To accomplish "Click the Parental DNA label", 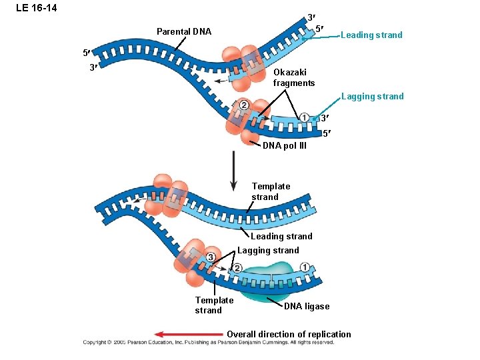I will [x=183, y=31].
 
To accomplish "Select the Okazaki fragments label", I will [x=294, y=77].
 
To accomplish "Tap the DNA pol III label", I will [x=285, y=146].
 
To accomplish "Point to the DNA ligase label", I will [x=307, y=306].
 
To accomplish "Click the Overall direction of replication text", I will [x=289, y=334].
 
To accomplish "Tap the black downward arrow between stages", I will [x=234, y=171].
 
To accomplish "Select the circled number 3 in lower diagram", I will [x=211, y=257].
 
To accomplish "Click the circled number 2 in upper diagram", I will [x=243, y=105].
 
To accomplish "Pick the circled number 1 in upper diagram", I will [x=304, y=117].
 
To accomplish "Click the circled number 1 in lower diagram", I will [x=305, y=267].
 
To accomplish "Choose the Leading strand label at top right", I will [x=371, y=35].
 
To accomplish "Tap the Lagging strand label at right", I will [x=372, y=97].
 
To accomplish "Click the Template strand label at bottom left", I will [x=214, y=305].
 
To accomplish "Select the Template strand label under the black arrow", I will [x=271, y=191].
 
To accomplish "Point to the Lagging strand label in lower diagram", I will [x=268, y=250].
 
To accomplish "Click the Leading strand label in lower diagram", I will [x=281, y=236].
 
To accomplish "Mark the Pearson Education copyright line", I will [x=209, y=343].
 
